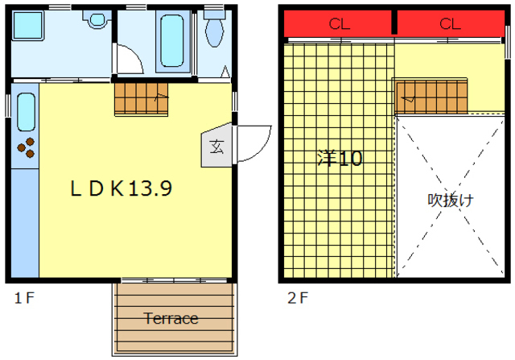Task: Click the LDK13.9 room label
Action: tap(122, 188)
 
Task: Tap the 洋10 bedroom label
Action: tap(340, 158)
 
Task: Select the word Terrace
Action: tap(171, 318)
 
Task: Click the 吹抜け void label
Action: tap(451, 200)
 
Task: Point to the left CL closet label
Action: tap(340, 23)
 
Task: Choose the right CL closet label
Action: tap(450, 23)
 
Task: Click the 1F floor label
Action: tap(24, 298)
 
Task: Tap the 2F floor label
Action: tap(298, 298)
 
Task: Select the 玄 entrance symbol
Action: tap(216, 147)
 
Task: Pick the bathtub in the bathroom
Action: tap(172, 41)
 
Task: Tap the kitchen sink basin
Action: tap(26, 112)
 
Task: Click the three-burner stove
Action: tap(26, 148)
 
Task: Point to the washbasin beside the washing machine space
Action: tap(97, 19)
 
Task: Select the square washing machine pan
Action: tap(28, 26)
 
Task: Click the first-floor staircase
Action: tap(142, 99)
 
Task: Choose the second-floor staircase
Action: tap(431, 97)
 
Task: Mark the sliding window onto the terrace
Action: tap(174, 280)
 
